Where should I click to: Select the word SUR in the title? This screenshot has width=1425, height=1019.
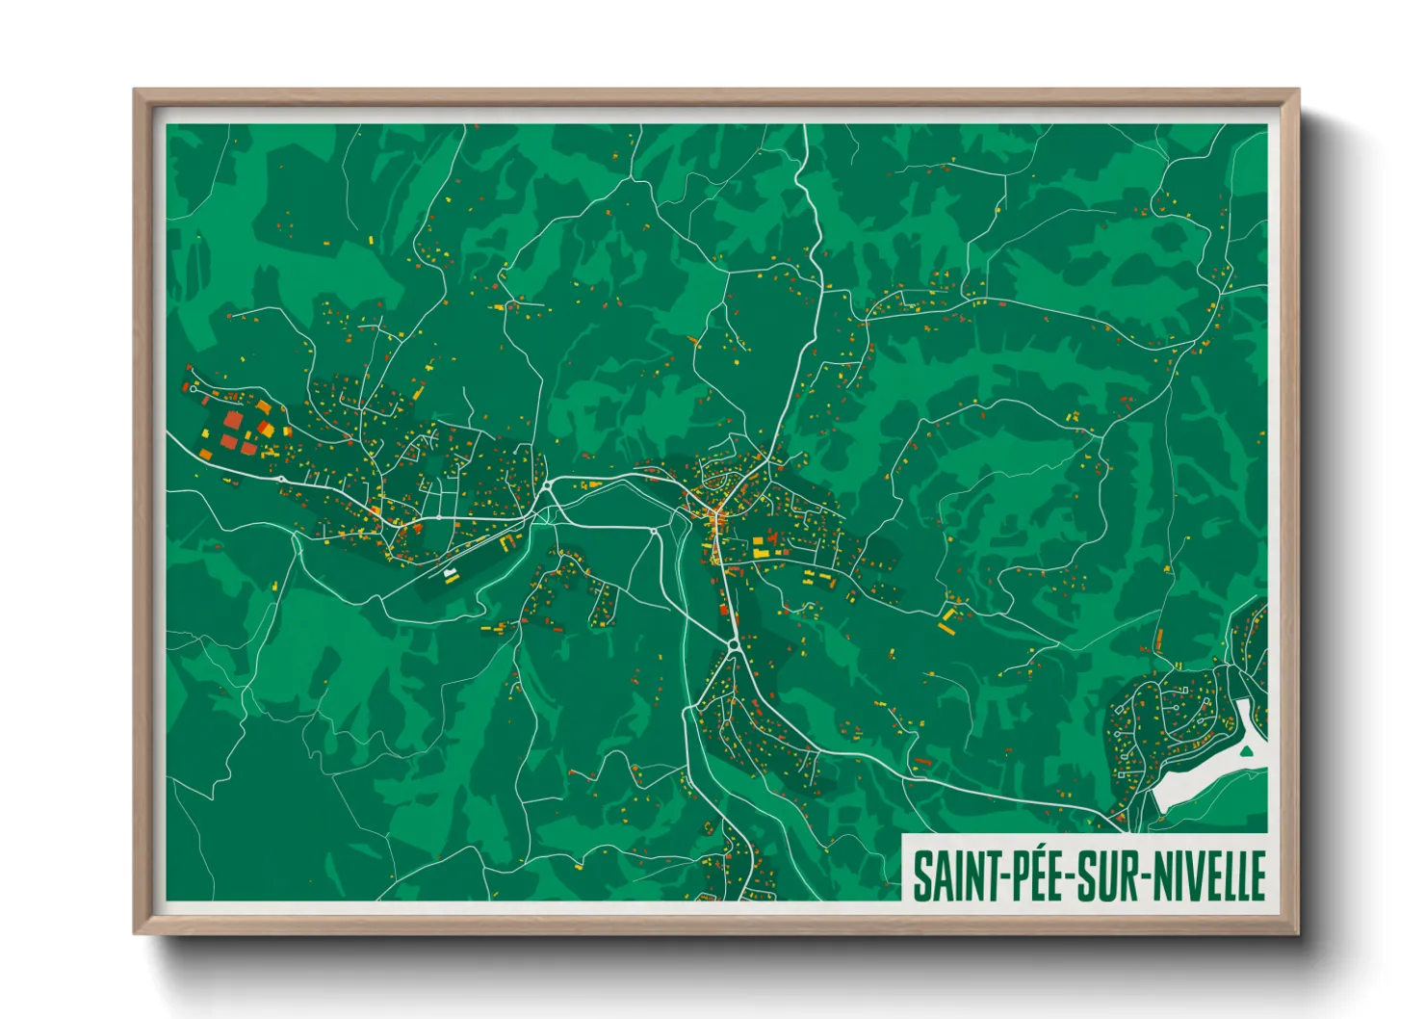[1103, 875]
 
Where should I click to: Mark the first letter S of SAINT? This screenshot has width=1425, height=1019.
[921, 875]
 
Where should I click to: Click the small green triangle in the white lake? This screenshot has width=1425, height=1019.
[1247, 748]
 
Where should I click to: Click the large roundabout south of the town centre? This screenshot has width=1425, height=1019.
[734, 644]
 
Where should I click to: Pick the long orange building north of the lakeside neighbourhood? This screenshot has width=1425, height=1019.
[1158, 638]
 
